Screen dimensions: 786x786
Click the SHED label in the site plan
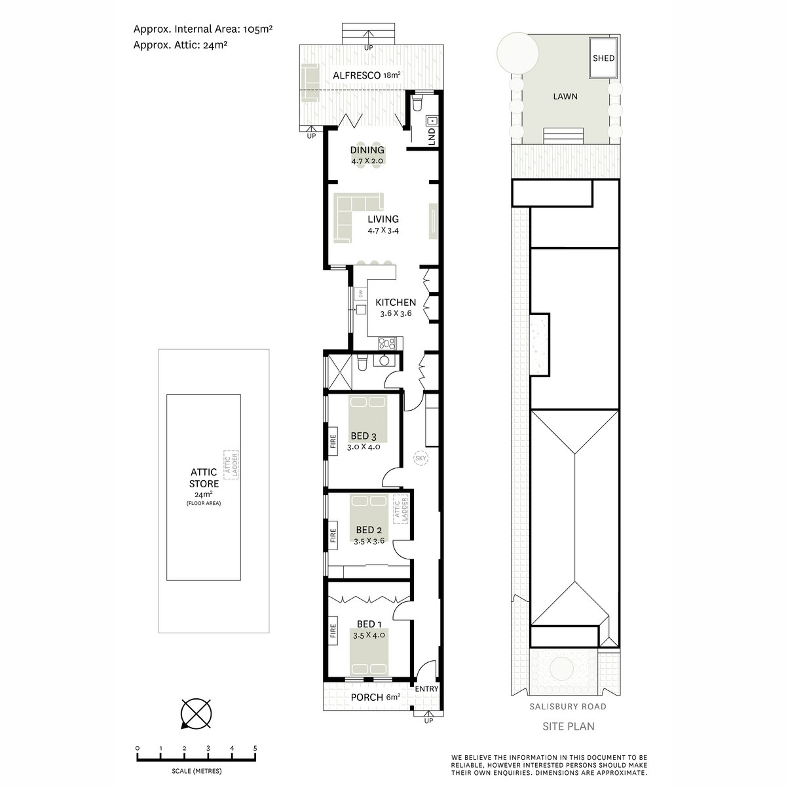[603, 58]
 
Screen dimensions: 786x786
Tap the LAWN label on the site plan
[565, 96]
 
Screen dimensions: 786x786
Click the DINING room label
[367, 150]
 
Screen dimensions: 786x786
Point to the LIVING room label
[383, 219]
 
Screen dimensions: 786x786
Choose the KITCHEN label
[395, 303]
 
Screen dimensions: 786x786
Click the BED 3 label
[363, 436]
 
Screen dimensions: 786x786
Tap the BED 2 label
[369, 530]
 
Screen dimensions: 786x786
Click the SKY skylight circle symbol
[421, 458]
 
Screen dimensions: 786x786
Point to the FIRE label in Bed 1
[333, 631]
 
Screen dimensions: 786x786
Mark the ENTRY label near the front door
[426, 688]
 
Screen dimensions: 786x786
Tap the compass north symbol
[195, 713]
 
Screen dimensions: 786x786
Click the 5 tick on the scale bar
[255, 748]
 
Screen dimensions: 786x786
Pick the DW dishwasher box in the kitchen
[360, 295]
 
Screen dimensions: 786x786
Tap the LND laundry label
[431, 137]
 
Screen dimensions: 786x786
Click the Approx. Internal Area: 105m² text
[202, 29]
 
